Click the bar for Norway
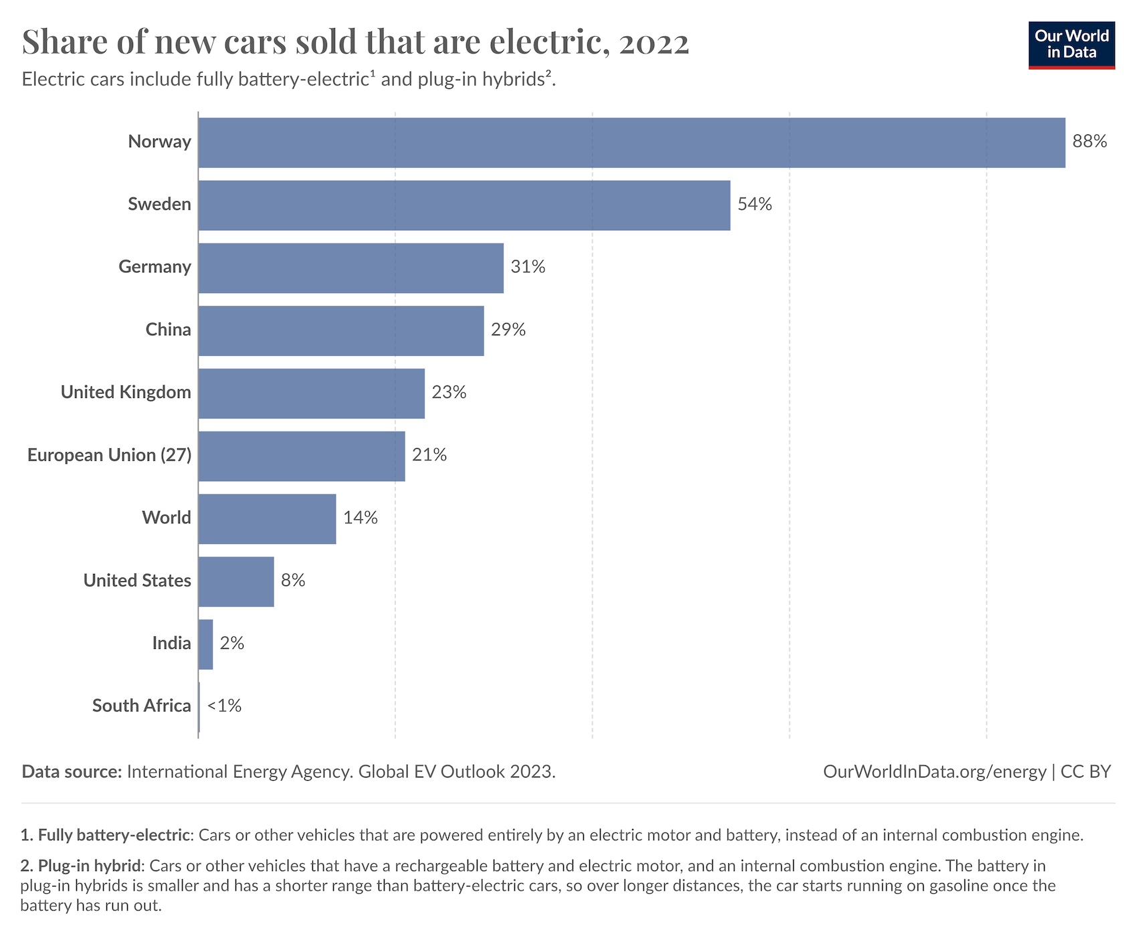pos(631,143)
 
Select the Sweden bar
pos(464,205)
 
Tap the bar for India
pos(205,644)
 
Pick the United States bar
pos(236,581)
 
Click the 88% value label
pos(1090,141)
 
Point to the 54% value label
pos(754,204)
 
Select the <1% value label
pos(224,706)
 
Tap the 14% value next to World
pos(360,518)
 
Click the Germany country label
pos(154,267)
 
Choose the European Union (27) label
pos(109,455)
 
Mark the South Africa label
pos(141,706)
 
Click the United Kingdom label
pos(126,392)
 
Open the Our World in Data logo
pos(1071,45)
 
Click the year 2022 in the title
pos(653,42)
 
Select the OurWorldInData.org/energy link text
pos(934,771)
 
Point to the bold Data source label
pos(72,771)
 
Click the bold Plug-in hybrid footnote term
pos(90,866)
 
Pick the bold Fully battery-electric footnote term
pos(114,835)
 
